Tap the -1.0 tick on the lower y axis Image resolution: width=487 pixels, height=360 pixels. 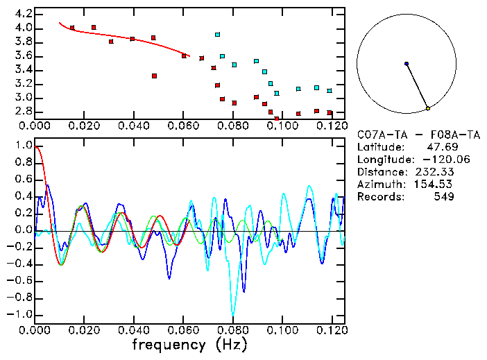click(19, 314)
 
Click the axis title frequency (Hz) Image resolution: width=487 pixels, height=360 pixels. click(189, 345)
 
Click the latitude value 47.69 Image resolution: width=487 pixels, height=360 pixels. click(440, 147)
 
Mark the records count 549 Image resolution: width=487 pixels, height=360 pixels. click(443, 197)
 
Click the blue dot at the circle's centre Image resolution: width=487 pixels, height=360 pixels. click(407, 64)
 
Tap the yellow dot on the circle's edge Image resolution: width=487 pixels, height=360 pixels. click(428, 108)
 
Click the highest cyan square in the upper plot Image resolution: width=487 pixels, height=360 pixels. click(217, 34)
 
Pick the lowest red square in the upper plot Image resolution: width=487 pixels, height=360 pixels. click(277, 119)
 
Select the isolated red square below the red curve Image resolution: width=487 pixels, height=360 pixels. click(154, 76)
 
